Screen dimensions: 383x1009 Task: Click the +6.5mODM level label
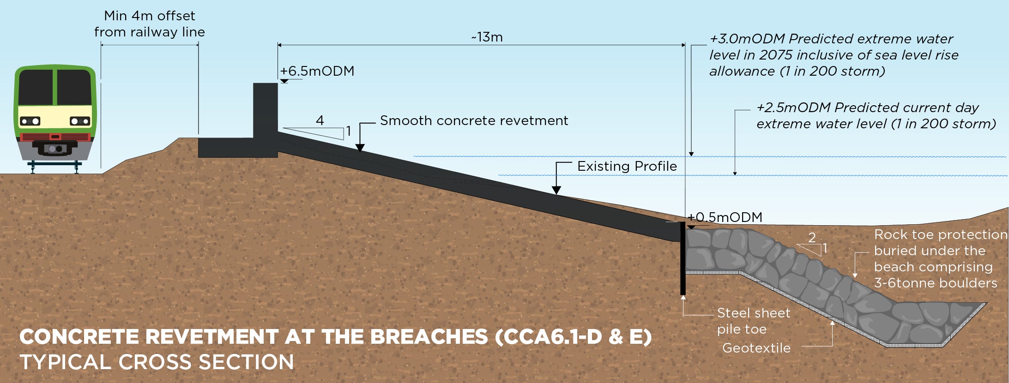click(317, 71)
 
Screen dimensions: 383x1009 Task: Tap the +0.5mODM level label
click(725, 217)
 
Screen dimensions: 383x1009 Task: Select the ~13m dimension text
click(487, 37)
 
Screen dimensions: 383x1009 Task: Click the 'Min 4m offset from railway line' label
click(149, 24)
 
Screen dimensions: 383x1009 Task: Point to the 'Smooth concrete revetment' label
click(474, 120)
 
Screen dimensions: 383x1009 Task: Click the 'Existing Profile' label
click(627, 166)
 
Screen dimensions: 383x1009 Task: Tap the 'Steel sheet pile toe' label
click(753, 321)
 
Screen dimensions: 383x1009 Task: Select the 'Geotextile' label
click(756, 348)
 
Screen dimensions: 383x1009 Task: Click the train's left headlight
click(30, 121)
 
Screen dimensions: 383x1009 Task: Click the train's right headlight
click(80, 121)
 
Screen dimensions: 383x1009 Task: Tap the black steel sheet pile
click(683, 258)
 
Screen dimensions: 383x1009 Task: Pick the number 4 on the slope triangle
click(320, 120)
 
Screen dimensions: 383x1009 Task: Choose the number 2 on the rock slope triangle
click(812, 237)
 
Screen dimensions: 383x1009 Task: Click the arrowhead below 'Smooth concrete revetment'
click(360, 148)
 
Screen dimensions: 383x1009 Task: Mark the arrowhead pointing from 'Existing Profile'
click(556, 190)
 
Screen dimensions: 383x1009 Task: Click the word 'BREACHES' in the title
click(429, 336)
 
